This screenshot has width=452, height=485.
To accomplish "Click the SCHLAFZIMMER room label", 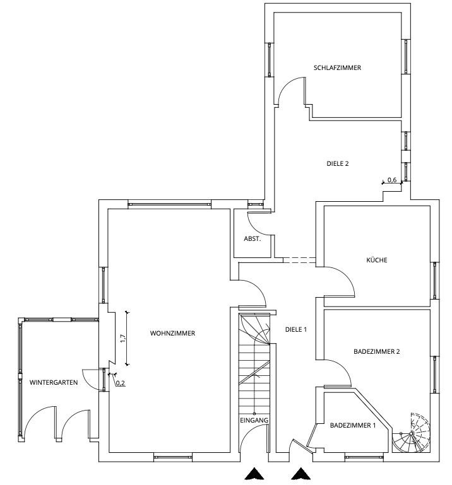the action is tap(337, 67).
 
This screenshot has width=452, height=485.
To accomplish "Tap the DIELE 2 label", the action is tap(338, 163).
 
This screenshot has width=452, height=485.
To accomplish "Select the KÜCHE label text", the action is tap(376, 260).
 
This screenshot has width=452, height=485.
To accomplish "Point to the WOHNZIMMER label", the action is tap(172, 334).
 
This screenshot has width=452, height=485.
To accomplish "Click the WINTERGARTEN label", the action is tap(54, 383).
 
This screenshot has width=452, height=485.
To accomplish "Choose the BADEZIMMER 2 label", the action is tap(376, 352).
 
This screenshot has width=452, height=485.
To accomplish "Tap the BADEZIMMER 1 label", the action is tap(353, 425).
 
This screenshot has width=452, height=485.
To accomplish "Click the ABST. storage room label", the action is tap(253, 239).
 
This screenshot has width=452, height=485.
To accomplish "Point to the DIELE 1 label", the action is tap(295, 330).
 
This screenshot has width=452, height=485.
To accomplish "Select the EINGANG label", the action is tap(254, 420).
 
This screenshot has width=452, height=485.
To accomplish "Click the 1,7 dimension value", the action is tap(123, 338).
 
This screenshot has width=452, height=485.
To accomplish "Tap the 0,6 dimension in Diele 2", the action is tap(392, 180).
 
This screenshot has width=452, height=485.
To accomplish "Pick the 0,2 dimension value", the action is tap(121, 383).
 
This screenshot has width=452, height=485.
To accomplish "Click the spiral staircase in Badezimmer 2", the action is tap(412, 433).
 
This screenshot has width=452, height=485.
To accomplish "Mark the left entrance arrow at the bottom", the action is tap(254, 474).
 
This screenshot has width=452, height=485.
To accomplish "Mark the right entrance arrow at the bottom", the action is tap(300, 474).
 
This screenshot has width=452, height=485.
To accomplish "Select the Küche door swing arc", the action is tap(346, 275).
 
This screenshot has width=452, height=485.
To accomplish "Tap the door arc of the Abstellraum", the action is tap(254, 228).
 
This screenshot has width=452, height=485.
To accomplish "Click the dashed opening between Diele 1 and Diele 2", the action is tap(299, 260).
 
